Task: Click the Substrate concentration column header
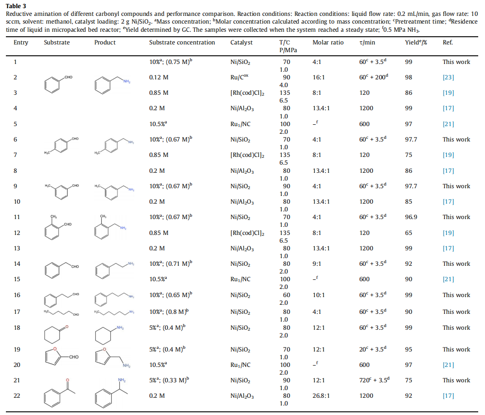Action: tap(182, 43)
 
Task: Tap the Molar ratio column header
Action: tap(328, 43)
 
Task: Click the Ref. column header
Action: tap(448, 43)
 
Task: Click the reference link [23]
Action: tap(448, 78)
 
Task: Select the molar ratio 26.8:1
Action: tap(321, 396)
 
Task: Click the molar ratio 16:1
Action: tap(319, 78)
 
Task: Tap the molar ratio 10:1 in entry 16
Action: tap(319, 295)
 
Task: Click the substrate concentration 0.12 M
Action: tap(159, 78)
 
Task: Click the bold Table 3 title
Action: tap(15, 6)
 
